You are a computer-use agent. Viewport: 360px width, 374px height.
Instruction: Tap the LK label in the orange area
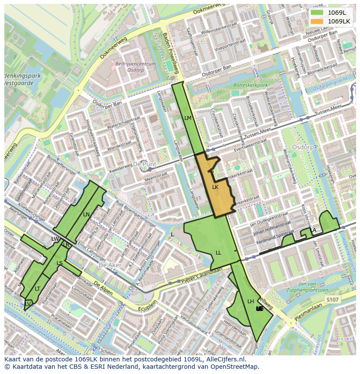pyautogui.click(x=215, y=187)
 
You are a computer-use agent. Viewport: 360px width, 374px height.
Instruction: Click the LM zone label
pyautogui.click(x=188, y=118)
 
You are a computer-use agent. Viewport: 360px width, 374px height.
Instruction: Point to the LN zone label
pyautogui.click(x=86, y=215)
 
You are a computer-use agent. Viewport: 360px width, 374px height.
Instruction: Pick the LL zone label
pyautogui.click(x=218, y=253)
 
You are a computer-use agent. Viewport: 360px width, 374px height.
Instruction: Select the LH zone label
pyautogui.click(x=250, y=301)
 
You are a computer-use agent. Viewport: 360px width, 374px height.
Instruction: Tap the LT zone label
pyautogui.click(x=37, y=289)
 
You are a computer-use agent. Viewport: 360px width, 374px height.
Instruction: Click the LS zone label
pyautogui.click(x=60, y=263)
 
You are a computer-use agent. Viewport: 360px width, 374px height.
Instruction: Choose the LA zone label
pyautogui.click(x=313, y=230)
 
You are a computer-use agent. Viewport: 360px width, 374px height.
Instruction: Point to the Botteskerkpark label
pyautogui.click(x=250, y=86)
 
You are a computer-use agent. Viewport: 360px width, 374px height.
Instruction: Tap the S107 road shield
pyautogui.click(x=331, y=299)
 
